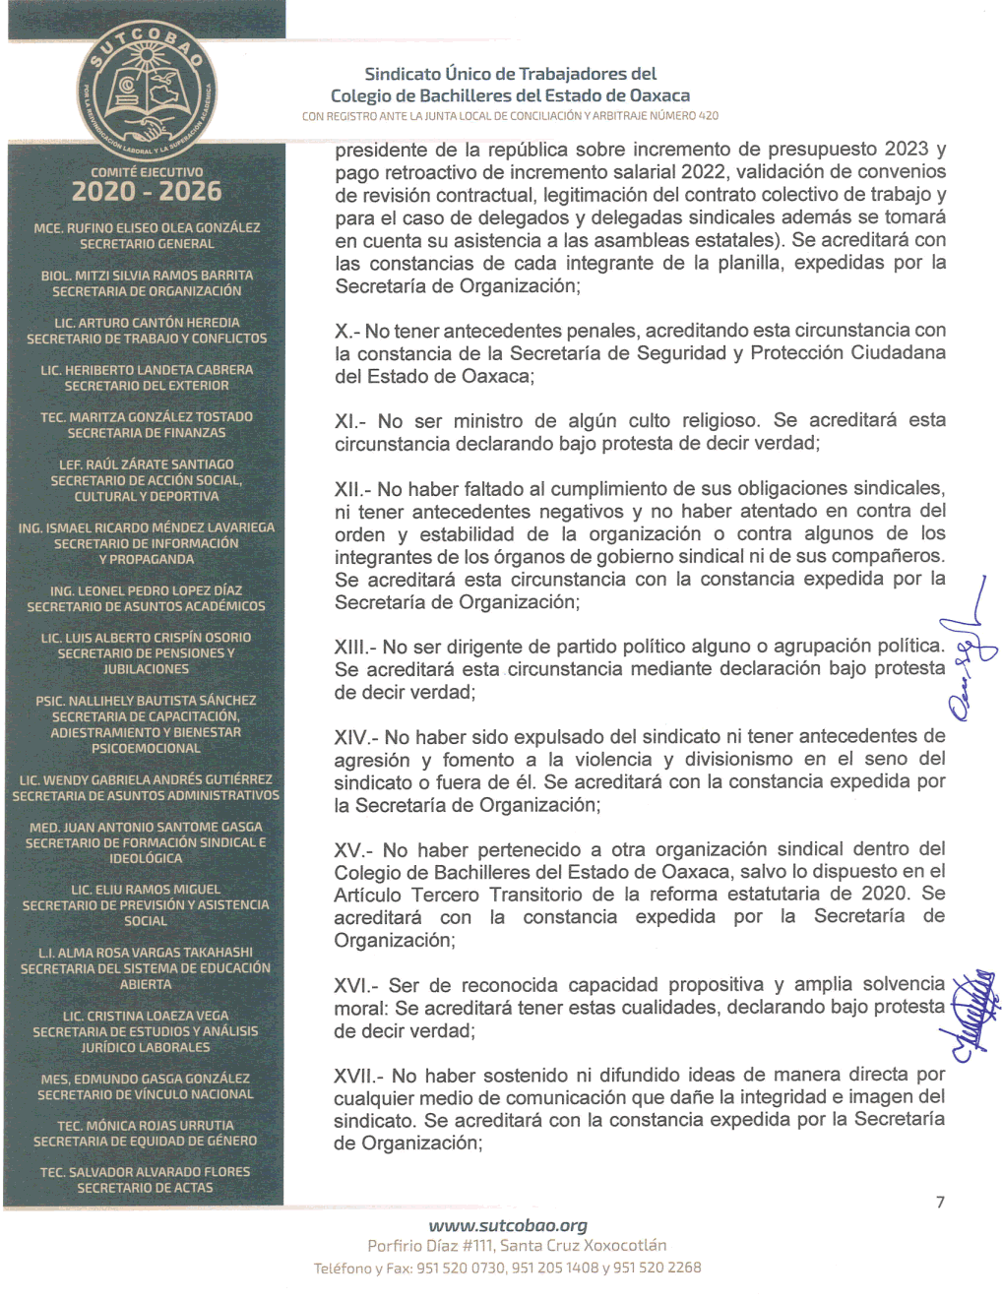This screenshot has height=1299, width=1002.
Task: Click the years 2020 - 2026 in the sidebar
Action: (x=147, y=192)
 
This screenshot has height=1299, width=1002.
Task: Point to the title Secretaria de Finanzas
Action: (x=147, y=433)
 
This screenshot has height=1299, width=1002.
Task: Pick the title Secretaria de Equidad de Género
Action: (x=145, y=1142)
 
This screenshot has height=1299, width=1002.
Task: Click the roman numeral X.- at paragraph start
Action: (x=347, y=332)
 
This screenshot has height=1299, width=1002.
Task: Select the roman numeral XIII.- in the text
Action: (x=354, y=648)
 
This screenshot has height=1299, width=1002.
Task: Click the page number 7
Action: (x=940, y=1203)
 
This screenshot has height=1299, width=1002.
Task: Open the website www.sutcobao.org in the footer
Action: (x=508, y=1226)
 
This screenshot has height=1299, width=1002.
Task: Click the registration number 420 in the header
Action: (x=709, y=116)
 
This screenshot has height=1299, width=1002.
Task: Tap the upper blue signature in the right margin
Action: (x=970, y=649)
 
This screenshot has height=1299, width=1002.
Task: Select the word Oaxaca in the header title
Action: (x=658, y=95)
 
